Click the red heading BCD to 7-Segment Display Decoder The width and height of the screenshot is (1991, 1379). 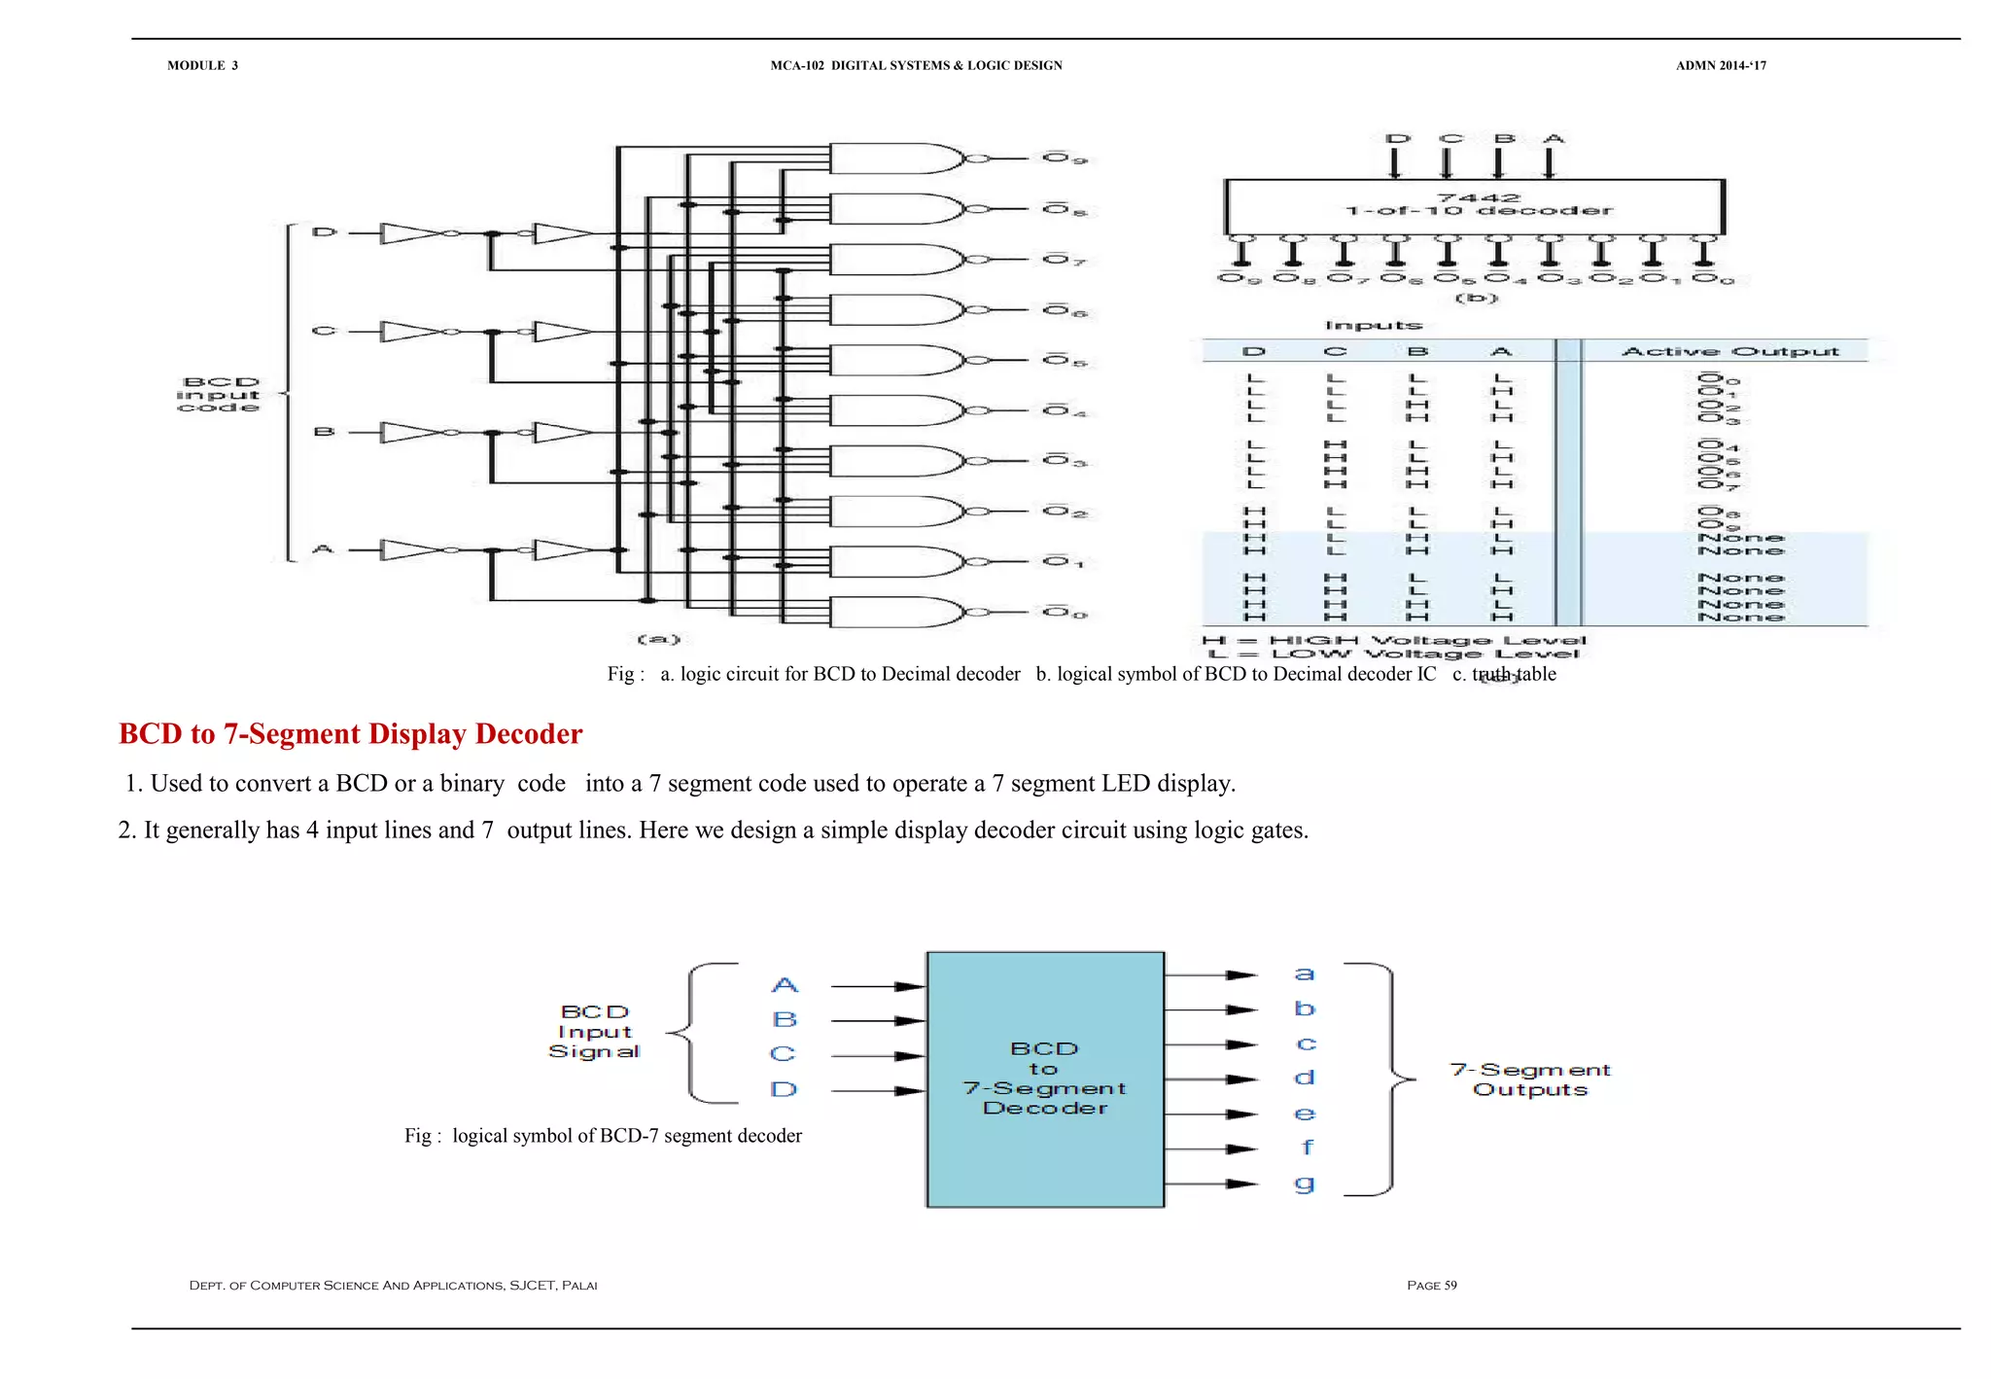[x=350, y=734]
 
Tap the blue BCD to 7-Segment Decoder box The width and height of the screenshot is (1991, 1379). [x=1045, y=1079]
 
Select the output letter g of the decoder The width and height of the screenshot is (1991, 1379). [x=1305, y=1184]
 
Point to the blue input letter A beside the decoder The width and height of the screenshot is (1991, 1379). [x=785, y=985]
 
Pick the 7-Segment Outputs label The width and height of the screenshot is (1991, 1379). [x=1530, y=1079]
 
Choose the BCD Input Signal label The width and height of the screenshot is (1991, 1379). [x=594, y=1032]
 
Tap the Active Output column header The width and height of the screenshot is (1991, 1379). [x=1729, y=351]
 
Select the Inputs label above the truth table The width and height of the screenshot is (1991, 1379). [x=1373, y=325]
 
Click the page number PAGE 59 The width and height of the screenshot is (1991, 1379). [x=1431, y=1286]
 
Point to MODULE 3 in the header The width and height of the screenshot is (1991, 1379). [x=202, y=65]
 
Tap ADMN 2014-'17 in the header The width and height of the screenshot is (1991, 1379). [x=1720, y=65]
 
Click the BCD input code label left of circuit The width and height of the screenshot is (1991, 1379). [x=220, y=395]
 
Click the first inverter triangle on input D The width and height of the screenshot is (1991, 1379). [x=408, y=233]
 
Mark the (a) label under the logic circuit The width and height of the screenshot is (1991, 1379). [x=658, y=639]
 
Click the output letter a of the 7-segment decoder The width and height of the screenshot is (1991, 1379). [x=1305, y=973]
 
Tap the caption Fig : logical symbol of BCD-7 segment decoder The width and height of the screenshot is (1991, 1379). [x=603, y=1136]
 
